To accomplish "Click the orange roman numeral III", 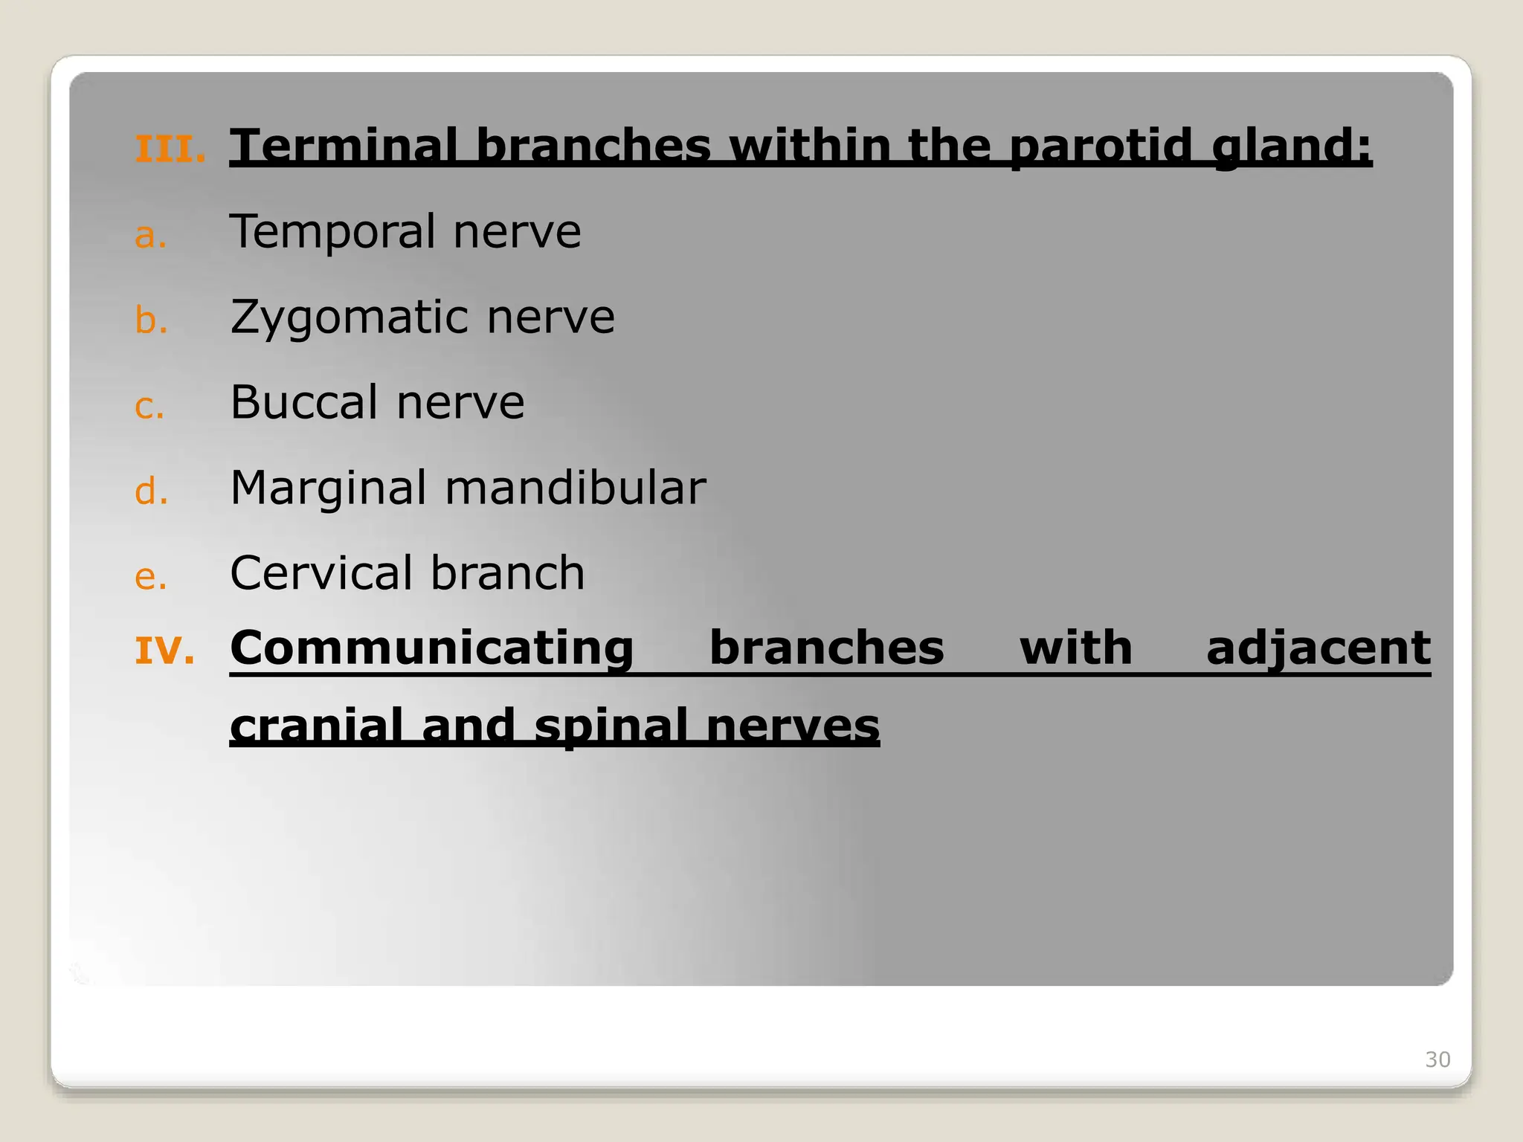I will [170, 149].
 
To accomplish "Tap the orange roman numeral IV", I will [164, 651].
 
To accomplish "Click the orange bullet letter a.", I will [149, 236].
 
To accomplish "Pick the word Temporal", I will [332, 231].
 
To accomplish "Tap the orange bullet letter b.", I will [150, 321].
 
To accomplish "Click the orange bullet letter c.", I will [149, 407].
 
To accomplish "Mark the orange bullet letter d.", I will [151, 492].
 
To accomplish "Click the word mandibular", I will [575, 488].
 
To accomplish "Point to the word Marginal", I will [328, 488].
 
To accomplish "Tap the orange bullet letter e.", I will [150, 578].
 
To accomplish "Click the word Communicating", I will [431, 648].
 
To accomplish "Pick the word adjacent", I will [1318, 648].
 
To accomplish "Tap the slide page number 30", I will [1437, 1059].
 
